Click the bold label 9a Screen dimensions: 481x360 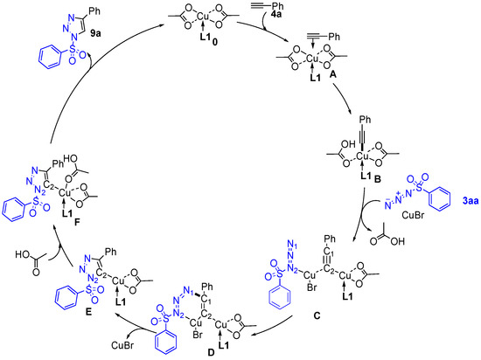pos(95,33)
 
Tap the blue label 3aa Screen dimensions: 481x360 pos(471,201)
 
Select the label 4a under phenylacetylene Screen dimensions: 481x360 pos(276,14)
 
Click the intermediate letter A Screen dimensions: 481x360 pos(332,74)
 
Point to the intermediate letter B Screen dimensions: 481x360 pos(377,179)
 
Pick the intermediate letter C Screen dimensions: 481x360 pos(317,315)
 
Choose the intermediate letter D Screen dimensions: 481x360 pos(211,352)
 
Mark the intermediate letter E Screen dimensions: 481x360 pos(89,313)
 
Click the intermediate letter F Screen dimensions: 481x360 pos(77,223)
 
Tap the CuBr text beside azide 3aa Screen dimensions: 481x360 pos(413,215)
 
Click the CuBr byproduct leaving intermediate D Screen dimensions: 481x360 pos(122,345)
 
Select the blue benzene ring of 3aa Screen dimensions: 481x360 pos(440,200)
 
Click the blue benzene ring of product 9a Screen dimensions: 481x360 pos(49,57)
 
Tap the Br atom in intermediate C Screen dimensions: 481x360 pos(312,287)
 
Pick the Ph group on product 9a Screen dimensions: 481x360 pos(94,11)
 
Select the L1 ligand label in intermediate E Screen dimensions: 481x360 pos(121,301)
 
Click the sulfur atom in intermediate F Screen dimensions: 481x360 pos(37,203)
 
